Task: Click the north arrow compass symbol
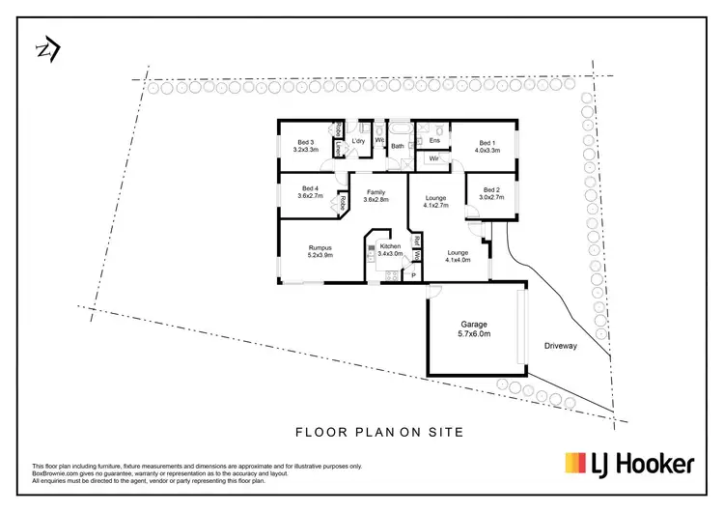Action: pyautogui.click(x=46, y=49)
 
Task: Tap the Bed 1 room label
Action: pyautogui.click(x=487, y=147)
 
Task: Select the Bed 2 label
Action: pyautogui.click(x=491, y=194)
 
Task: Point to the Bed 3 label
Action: pyautogui.click(x=305, y=146)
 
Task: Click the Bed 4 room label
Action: pyautogui.click(x=310, y=192)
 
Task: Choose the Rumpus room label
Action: pyautogui.click(x=320, y=251)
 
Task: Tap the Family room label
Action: pyautogui.click(x=376, y=196)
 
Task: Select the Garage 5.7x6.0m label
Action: pyautogui.click(x=474, y=328)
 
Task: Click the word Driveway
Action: pyautogui.click(x=560, y=345)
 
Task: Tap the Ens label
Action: pyautogui.click(x=434, y=141)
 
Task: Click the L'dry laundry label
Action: pyautogui.click(x=358, y=142)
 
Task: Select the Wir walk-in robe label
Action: pyautogui.click(x=434, y=158)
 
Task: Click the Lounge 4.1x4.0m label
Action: pyautogui.click(x=457, y=255)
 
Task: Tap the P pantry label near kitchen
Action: pyautogui.click(x=413, y=276)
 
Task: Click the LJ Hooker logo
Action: pyautogui.click(x=628, y=465)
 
